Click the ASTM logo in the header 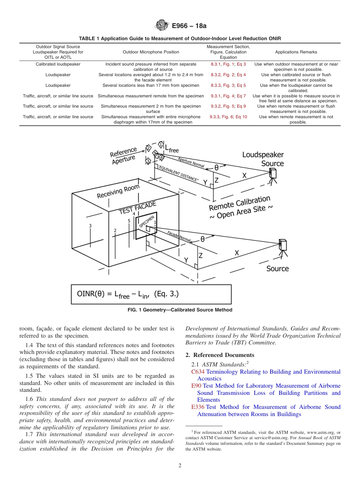point(162,26)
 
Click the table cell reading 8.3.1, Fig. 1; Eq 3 point(228,64)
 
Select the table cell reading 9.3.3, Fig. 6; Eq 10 point(228,117)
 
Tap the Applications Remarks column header point(296,52)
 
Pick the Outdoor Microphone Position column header point(151,52)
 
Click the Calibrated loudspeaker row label point(58,64)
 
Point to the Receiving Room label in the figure point(118,191)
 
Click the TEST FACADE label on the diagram point(137,208)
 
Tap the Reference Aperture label point(123,156)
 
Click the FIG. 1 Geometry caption point(180,310)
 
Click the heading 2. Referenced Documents point(220,355)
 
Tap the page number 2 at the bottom point(180,466)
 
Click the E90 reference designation point(196,386)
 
